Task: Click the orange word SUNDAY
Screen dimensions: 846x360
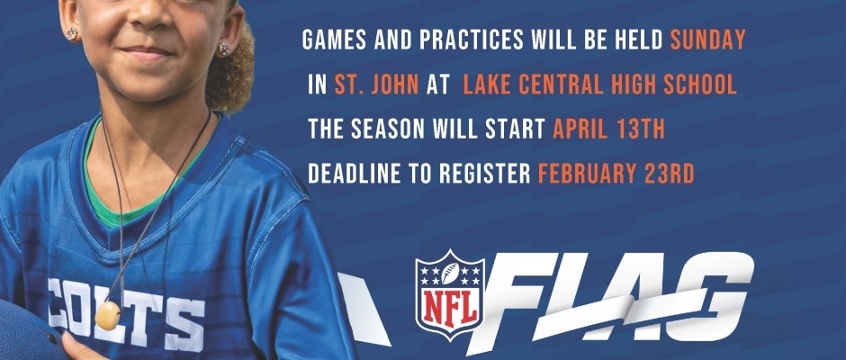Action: pyautogui.click(x=707, y=40)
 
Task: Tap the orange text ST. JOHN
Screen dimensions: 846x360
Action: pyautogui.click(x=376, y=85)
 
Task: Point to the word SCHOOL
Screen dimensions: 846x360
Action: pyautogui.click(x=700, y=85)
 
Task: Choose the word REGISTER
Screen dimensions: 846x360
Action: pyautogui.click(x=486, y=174)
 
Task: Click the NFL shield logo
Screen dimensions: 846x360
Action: pyautogui.click(x=449, y=294)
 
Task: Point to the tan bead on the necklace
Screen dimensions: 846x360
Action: pyautogui.click(x=107, y=316)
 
